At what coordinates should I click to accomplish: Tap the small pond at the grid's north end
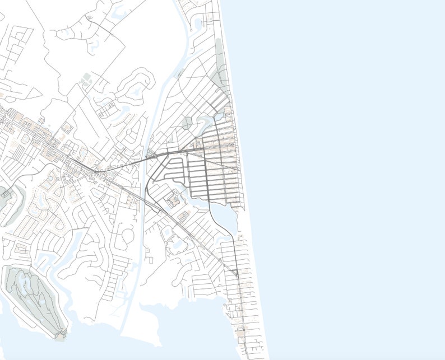[219, 116]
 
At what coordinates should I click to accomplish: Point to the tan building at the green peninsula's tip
[59, 336]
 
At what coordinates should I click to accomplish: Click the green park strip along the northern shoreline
[222, 73]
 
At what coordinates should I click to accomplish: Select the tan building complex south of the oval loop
[173, 198]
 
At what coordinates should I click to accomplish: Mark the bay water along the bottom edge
[168, 342]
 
